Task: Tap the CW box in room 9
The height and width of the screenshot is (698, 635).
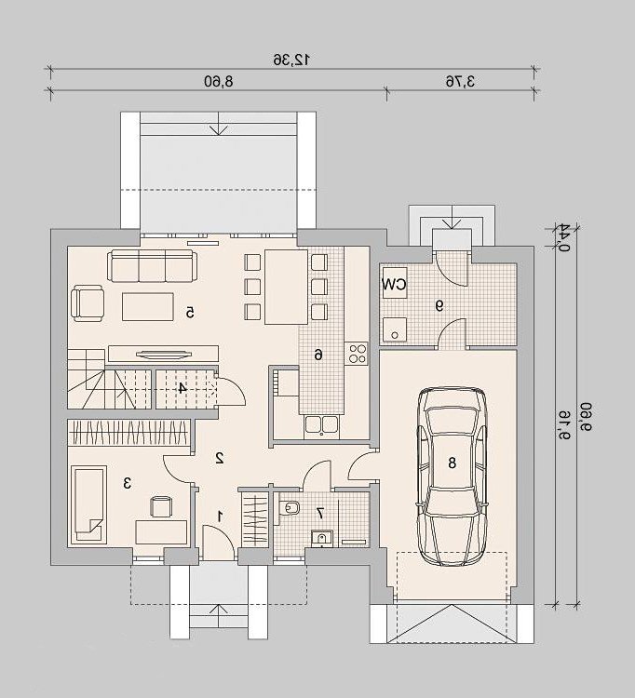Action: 394,284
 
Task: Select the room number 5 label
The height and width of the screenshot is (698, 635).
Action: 191,313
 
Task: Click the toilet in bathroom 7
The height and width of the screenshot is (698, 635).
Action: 290,507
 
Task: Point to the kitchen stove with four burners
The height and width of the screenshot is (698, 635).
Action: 357,354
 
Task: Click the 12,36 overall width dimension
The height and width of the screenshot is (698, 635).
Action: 291,60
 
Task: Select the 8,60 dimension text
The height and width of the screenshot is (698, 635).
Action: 219,82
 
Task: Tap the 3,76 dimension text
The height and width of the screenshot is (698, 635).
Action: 461,82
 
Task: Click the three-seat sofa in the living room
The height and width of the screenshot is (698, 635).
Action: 152,266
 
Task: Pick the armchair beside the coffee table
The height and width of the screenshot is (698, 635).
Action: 88,303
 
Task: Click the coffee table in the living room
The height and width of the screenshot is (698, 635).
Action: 148,306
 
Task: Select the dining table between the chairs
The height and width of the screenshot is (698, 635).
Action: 287,287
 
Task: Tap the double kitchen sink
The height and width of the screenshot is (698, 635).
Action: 321,425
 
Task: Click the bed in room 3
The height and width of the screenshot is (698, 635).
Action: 88,504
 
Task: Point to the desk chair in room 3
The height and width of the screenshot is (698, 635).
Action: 161,506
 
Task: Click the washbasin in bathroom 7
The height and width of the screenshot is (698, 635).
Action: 321,538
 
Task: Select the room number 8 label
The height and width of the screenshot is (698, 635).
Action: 452,463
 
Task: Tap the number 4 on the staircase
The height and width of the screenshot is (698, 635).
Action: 182,388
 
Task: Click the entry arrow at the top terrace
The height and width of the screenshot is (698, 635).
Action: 219,124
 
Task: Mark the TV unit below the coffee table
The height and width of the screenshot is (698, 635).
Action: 164,354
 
